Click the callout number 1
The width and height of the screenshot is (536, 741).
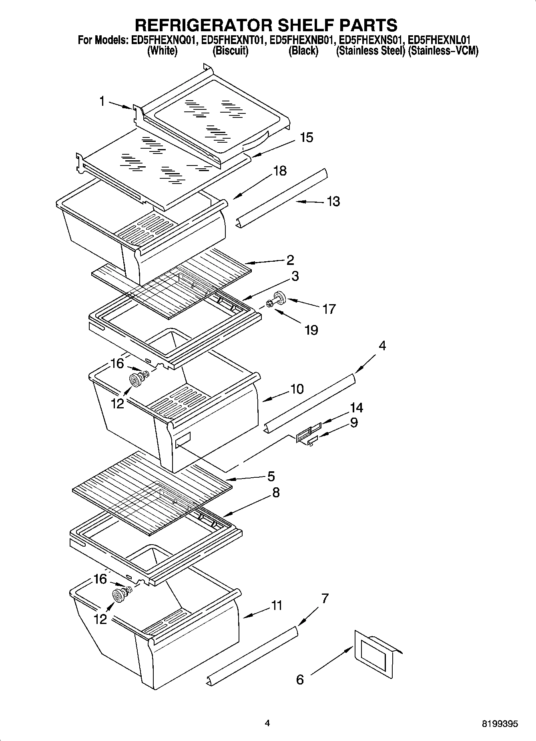pos(102,101)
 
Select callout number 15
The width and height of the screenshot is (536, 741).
pos(306,137)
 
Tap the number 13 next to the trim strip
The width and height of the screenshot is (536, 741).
pos(333,201)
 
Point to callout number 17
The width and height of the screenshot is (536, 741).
pos(329,309)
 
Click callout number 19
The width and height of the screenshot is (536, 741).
pos(311,330)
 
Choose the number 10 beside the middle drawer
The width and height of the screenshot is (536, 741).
pos(297,389)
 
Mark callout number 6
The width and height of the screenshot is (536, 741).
pos(300,679)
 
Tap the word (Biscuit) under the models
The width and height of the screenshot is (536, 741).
pos(230,51)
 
